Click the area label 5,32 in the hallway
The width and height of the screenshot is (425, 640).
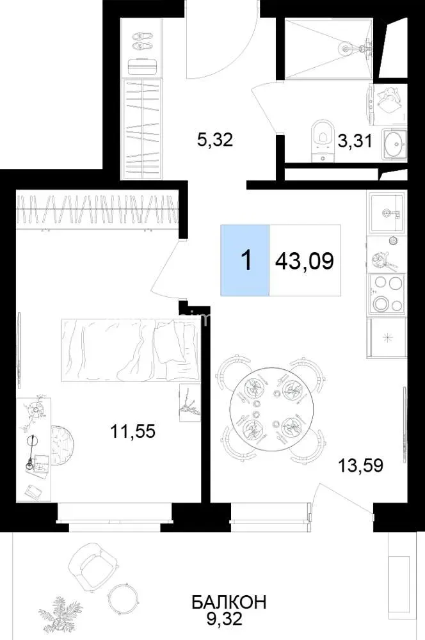[x=215, y=140]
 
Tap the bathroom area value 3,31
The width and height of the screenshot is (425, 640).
[x=355, y=141]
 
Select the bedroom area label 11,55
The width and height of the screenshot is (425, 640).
[x=133, y=431]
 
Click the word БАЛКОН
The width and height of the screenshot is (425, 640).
[x=229, y=602]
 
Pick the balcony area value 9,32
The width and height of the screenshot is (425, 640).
[x=225, y=619]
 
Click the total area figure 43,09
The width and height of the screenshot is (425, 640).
[x=305, y=260]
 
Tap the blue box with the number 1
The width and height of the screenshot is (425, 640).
[x=245, y=260]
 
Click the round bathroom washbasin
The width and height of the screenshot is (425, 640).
[x=395, y=143]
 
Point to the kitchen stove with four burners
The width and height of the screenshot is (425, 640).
[x=387, y=294]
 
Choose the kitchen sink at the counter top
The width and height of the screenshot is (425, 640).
[x=387, y=213]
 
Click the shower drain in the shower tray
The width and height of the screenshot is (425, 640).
[x=346, y=49]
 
